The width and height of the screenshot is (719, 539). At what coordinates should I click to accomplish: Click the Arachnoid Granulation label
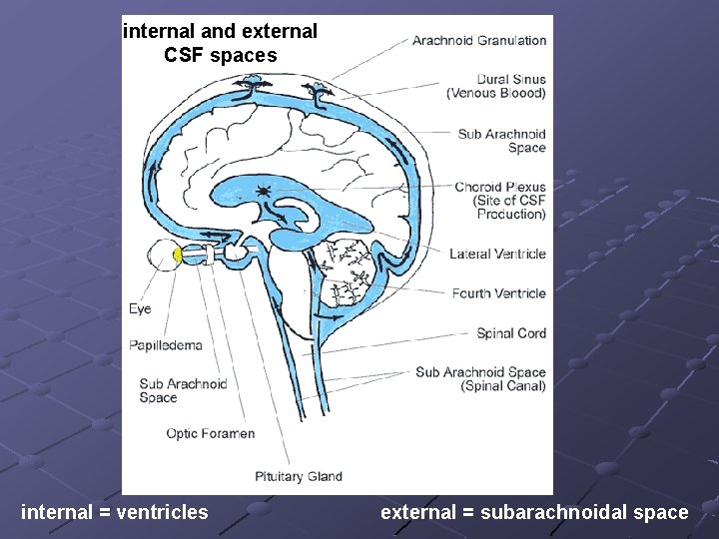click(x=479, y=41)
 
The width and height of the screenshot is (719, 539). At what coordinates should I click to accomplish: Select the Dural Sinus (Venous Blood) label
click(x=496, y=87)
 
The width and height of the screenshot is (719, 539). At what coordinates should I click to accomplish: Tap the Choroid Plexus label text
click(x=499, y=200)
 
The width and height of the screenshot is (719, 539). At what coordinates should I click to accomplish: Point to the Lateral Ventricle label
click(x=497, y=254)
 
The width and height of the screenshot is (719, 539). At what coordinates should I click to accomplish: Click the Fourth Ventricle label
click(x=498, y=293)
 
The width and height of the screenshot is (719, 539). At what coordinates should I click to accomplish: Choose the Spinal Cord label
click(x=511, y=333)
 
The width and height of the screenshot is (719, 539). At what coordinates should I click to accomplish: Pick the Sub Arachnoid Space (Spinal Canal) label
click(x=480, y=379)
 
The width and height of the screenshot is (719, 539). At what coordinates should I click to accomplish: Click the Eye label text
click(x=140, y=309)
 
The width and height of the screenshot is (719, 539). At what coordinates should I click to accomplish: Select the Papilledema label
click(x=165, y=345)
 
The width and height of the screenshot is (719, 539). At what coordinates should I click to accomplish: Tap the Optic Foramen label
click(x=210, y=433)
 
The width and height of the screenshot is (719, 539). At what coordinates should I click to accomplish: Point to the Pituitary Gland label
click(x=298, y=476)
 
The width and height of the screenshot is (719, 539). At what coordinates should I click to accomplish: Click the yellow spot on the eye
click(x=178, y=256)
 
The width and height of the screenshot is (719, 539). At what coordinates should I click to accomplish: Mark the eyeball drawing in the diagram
click(x=163, y=257)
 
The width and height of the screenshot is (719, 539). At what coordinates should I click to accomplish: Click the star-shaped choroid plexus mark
click(x=263, y=190)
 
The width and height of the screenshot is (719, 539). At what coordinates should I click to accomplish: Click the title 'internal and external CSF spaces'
click(x=220, y=43)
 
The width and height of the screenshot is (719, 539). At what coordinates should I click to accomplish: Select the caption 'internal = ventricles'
click(x=115, y=512)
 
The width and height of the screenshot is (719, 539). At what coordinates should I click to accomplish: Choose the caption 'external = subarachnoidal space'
click(x=534, y=512)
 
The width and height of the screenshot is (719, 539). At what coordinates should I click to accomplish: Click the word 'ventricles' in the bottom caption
click(x=162, y=512)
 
